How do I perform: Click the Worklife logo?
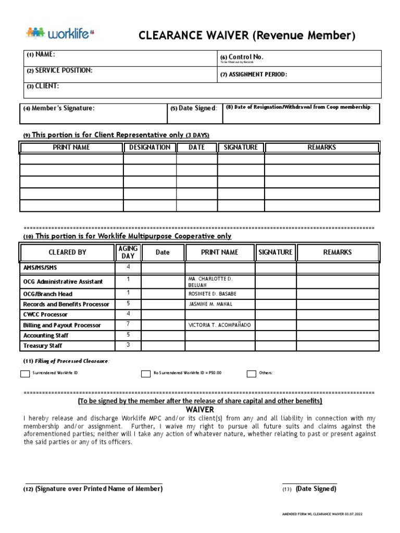60,34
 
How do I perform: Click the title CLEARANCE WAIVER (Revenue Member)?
247,36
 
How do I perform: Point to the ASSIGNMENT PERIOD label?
254,74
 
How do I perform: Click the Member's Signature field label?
59,108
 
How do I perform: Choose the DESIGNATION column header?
149,147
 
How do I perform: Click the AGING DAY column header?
128,252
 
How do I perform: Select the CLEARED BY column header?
67,252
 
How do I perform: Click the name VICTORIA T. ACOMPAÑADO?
219,325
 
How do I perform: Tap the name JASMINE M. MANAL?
210,304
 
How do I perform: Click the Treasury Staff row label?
42,346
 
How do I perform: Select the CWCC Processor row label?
45,314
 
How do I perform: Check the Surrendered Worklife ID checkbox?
25,373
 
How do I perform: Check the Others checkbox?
251,373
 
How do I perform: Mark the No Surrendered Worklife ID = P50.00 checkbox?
146,373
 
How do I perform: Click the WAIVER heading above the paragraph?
199,410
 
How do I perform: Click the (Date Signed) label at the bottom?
316,489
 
